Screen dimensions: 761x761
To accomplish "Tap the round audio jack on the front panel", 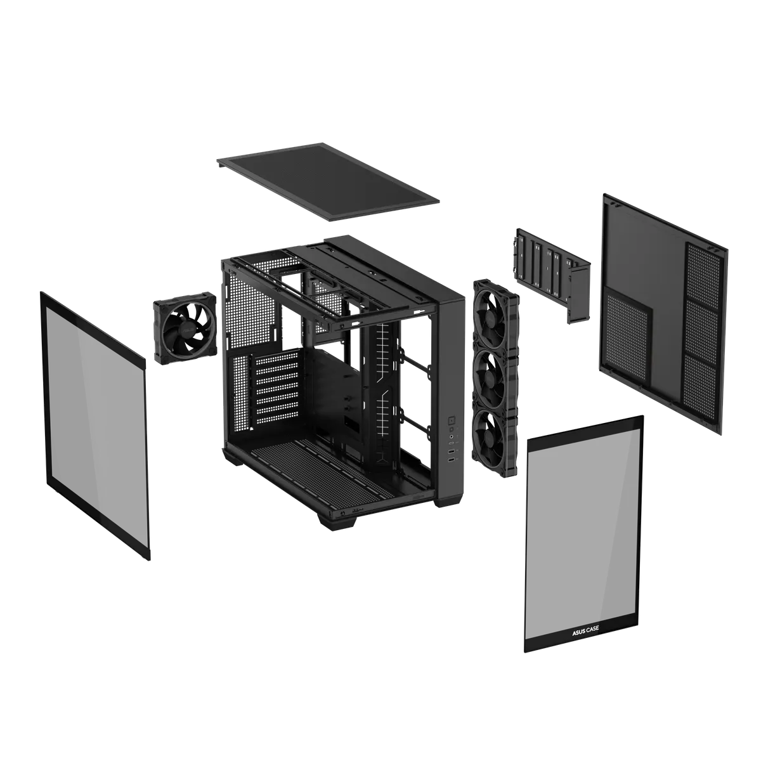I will point(450,437).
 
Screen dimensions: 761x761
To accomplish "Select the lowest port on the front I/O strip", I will point(451,459).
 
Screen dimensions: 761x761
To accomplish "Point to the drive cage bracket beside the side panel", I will point(550,273).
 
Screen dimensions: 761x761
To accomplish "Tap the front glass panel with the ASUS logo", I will point(583,533).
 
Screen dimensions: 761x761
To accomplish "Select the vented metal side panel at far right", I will point(663,311).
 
